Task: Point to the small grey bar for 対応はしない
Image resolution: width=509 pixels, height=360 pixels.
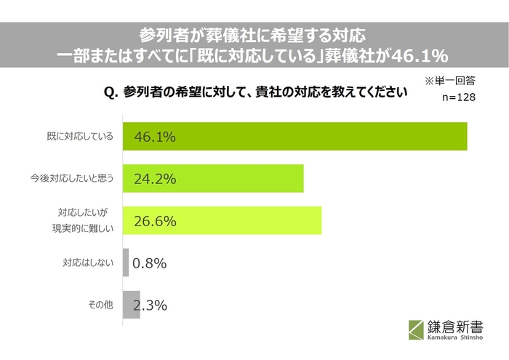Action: point(126,263)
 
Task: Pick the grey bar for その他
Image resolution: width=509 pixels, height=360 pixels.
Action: point(131,305)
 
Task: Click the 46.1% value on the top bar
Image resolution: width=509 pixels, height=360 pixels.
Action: point(155,136)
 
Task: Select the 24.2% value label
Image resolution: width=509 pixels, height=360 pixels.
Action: point(155,178)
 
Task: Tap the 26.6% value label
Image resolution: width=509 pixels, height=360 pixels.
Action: point(155,221)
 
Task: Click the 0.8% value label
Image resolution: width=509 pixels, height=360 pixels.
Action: point(151,263)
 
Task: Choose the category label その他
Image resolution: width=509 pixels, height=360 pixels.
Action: point(100,305)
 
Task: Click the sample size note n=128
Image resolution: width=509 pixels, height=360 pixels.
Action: point(458,97)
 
